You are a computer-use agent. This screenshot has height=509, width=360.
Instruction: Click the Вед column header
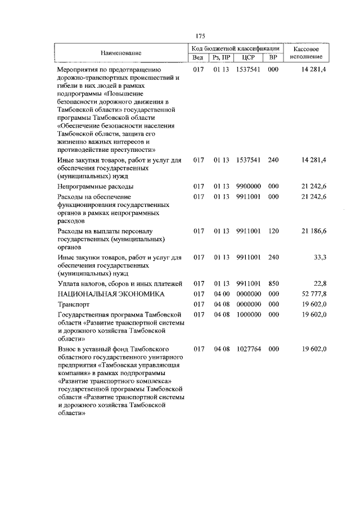coord(197,57)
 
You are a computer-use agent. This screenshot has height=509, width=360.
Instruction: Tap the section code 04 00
coord(222,294)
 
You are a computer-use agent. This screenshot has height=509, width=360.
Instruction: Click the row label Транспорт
coord(73,304)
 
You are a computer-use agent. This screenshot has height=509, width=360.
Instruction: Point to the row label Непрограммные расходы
coord(95,186)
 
